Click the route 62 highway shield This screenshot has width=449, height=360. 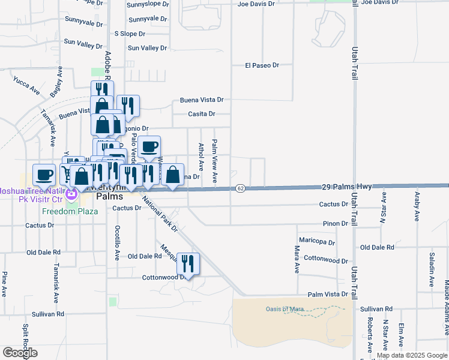point(240,188)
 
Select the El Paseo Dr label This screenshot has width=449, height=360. point(262,65)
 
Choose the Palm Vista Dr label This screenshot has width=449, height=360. point(328,295)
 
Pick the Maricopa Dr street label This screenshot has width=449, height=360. point(319,242)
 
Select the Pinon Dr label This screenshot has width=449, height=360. point(336,223)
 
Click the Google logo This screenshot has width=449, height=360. point(19,353)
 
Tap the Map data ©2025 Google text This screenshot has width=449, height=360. point(412,355)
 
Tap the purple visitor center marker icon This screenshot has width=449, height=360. point(71,194)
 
